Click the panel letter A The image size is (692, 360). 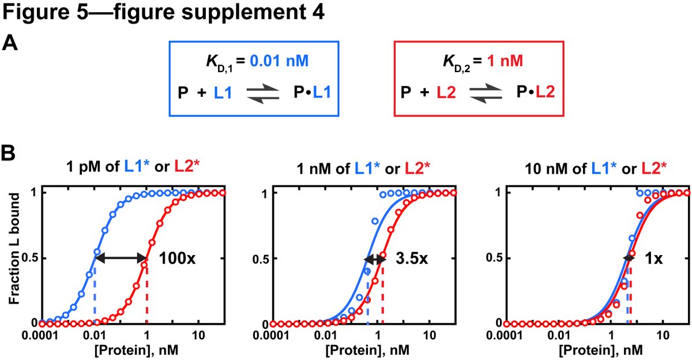(10, 43)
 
